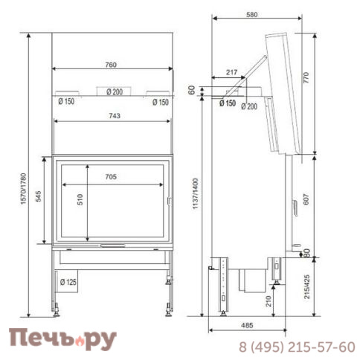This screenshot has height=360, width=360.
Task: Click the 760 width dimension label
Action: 111,65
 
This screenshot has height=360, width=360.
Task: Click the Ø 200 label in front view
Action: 114,91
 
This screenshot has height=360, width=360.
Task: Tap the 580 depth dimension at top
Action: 252,14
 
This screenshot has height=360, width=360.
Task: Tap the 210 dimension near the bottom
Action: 268,301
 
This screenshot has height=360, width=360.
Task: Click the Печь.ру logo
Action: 62,338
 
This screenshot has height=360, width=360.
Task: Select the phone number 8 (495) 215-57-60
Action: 296,347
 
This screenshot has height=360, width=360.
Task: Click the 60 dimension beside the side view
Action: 192,90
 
